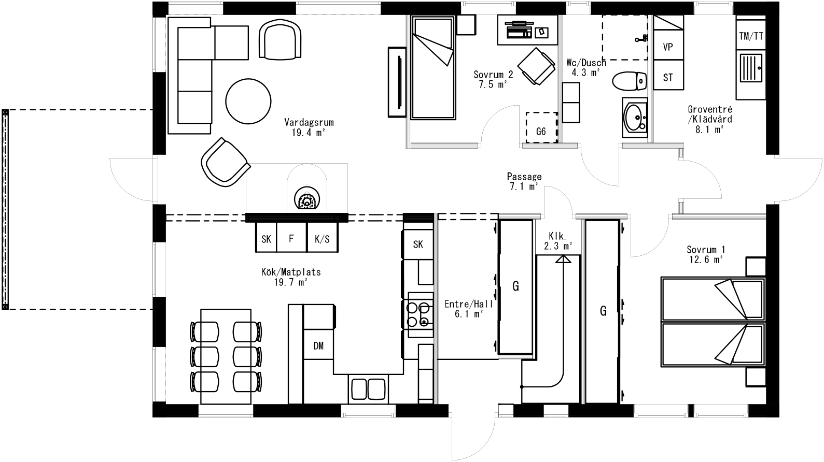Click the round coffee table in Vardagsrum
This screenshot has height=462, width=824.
[248, 100]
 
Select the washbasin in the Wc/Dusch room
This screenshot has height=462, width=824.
[634, 118]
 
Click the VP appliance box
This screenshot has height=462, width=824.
[668, 47]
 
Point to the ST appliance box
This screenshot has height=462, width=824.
[668, 77]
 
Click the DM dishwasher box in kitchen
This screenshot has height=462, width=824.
[318, 345]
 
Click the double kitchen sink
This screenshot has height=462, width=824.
[368, 388]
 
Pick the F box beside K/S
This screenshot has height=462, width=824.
[291, 239]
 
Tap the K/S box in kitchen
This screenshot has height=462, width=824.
[322, 239]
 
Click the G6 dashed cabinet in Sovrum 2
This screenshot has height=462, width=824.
[541, 127]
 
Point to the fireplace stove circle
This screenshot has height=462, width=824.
[306, 199]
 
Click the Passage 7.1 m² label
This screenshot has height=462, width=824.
[524, 181]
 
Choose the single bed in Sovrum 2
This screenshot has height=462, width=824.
[433, 67]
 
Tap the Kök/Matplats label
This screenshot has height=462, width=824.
[291, 277]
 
